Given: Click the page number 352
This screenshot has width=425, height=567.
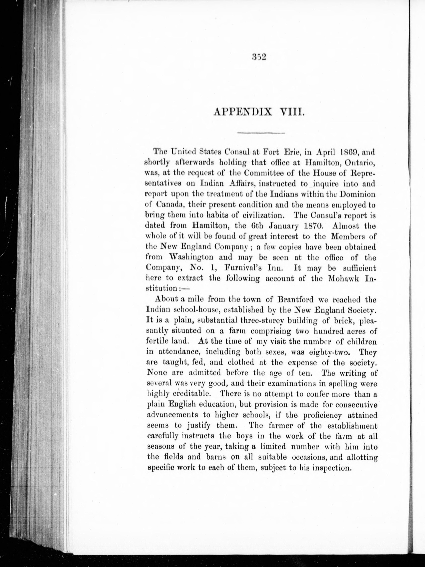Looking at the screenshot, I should [259, 57].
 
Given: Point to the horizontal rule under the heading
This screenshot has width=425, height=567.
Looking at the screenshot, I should [261, 133].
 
